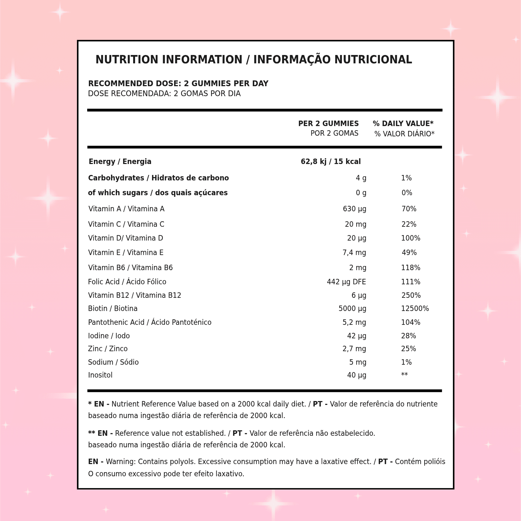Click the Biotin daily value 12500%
tap(415, 309)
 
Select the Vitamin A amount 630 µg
tap(354, 209)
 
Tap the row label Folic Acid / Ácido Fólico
tap(127, 282)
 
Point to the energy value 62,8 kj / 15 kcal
tap(331, 162)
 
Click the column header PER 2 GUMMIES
tap(328, 124)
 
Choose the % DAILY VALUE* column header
tap(403, 124)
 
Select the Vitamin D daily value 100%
tap(410, 238)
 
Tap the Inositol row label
tap(100, 375)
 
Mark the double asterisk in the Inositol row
tap(404, 375)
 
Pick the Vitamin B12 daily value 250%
tap(411, 296)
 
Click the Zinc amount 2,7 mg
tap(354, 349)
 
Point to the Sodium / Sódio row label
tap(113, 362)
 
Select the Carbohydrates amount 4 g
tap(361, 178)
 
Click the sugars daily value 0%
tap(407, 193)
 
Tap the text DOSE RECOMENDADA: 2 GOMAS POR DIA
tap(164, 94)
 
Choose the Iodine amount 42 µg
tap(356, 336)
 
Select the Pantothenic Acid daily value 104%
tap(410, 323)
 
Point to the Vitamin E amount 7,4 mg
tap(354, 253)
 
